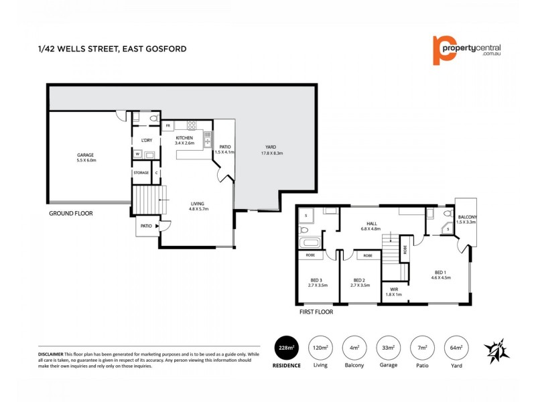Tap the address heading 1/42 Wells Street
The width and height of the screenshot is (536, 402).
111,49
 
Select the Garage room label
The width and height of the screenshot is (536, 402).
86,157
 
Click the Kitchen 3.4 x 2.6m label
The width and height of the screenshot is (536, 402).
184,140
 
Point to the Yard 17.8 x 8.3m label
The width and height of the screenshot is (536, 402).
270,150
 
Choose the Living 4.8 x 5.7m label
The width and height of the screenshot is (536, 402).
197,206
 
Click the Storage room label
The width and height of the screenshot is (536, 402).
141,173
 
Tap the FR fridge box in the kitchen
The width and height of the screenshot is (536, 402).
167,125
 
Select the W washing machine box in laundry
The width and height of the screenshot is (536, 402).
137,154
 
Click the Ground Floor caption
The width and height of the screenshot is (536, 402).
70,213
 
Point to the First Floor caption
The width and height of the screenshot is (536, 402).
316,312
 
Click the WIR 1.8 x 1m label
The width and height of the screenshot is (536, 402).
394,291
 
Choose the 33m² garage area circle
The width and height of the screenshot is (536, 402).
388,348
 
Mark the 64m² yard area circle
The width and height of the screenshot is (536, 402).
456,348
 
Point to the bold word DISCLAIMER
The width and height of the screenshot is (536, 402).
50,353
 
